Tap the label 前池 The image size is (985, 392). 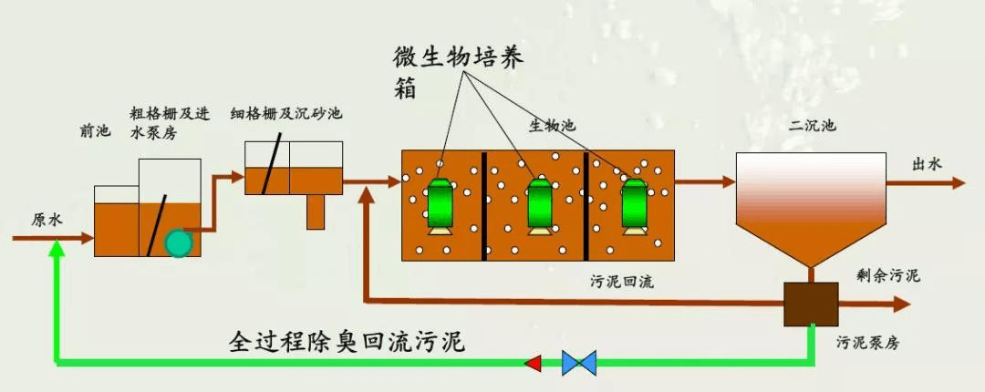coord(95,131)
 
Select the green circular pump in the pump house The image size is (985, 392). coord(179,242)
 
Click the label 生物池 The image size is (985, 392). coord(553,125)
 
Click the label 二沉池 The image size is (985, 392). coord(814,126)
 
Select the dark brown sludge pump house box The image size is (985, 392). coord(811,303)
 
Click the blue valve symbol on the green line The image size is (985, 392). coord(578,363)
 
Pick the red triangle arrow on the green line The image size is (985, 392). coord(533,363)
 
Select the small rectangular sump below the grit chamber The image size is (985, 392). coord(316,211)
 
